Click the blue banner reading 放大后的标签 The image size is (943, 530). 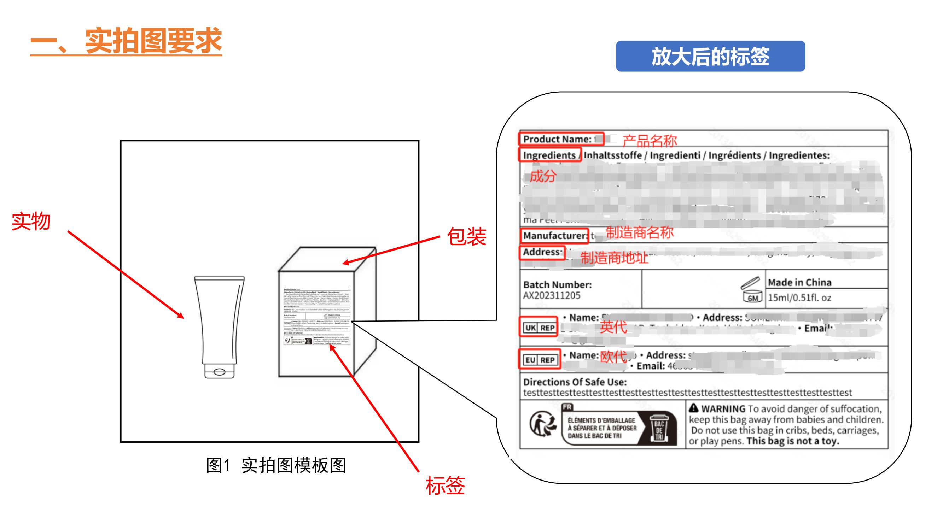coord(710,56)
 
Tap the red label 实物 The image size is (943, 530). coord(31,221)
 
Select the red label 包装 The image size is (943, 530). coord(466,236)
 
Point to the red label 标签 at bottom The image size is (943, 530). coord(445,485)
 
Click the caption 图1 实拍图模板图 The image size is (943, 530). coord(276,465)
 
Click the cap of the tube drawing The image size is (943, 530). coord(219,371)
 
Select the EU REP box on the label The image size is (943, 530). coord(539,360)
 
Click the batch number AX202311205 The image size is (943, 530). coord(551,295)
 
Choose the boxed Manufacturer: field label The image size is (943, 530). coord(554,236)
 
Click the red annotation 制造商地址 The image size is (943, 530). coord(614,258)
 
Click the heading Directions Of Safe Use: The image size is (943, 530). coord(575,382)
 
